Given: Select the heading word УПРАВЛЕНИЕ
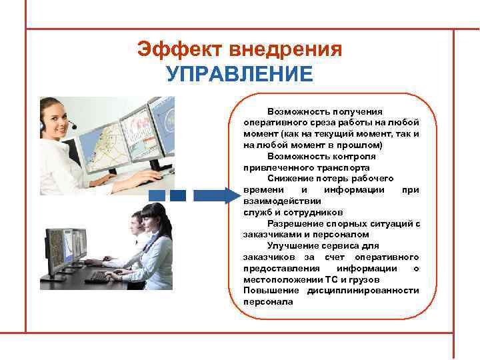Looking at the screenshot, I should (x=240, y=74).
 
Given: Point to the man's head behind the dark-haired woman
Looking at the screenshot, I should (x=136, y=221).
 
